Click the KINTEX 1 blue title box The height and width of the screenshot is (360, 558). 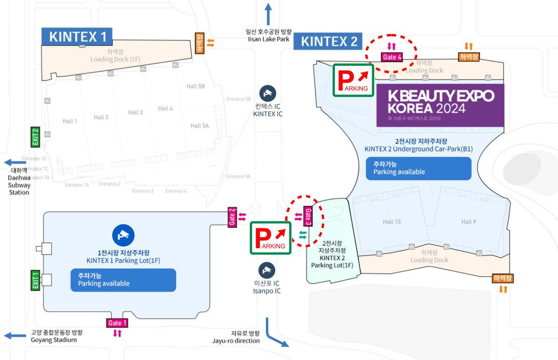pos(77,37)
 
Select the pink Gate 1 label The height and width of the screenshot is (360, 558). pos(117,323)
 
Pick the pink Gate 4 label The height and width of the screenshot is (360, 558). pos(392,57)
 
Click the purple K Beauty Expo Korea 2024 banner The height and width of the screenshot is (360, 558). pos(440,105)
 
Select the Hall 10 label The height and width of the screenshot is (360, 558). pos(392,222)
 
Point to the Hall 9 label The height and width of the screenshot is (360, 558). pos(468,222)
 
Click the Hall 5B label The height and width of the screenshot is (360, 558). pos(195,86)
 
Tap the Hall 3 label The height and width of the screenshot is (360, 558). pos(135,113)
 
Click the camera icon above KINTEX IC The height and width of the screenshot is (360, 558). pos(267,93)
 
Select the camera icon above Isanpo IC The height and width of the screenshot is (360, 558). pos(267,270)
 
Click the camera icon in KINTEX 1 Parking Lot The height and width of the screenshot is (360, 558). pos(123,235)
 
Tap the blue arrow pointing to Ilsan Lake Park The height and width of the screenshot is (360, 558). pos(268,14)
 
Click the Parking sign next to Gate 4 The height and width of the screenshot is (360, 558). pos(353,80)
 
